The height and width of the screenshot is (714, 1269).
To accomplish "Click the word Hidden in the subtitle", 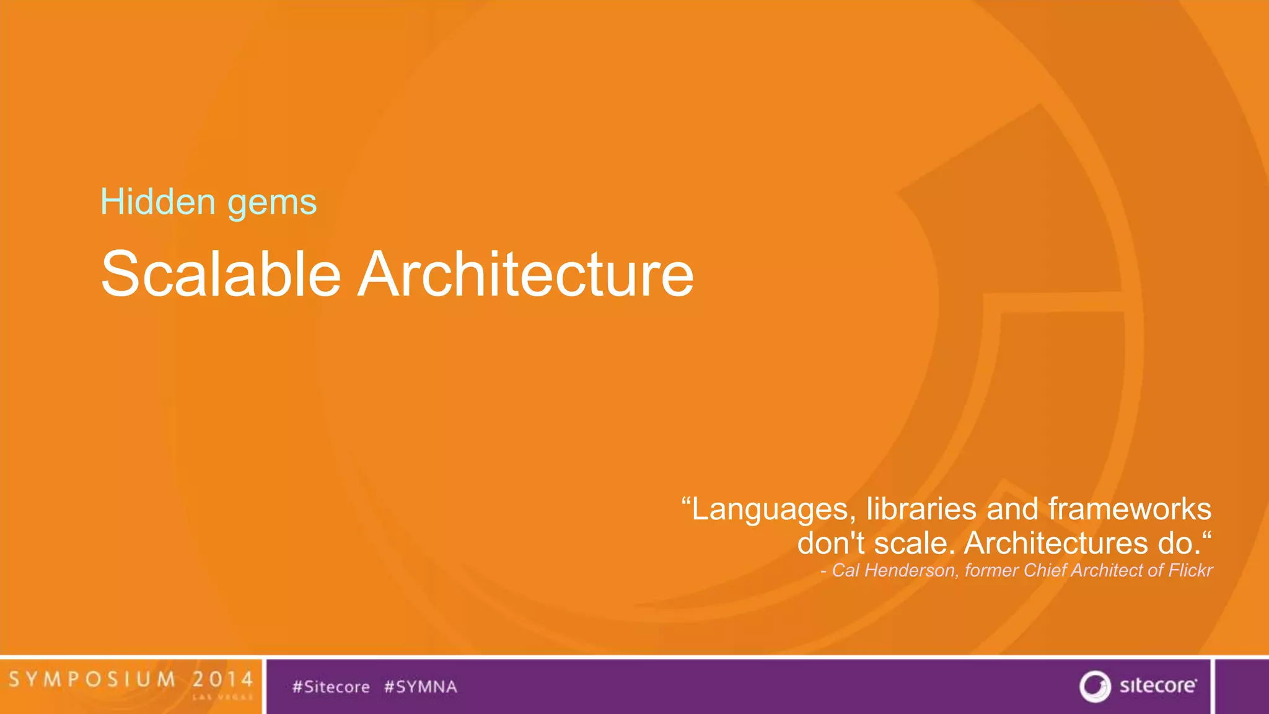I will pos(158,202).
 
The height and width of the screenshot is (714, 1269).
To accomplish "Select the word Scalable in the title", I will pos(221,273).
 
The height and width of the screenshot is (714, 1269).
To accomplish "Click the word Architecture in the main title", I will pos(526,273).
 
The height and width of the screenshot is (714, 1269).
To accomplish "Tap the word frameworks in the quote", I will pos(1130,509).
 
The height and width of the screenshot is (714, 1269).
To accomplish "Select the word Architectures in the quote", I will pos(1056,543).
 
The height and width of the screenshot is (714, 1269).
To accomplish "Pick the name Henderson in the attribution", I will pos(911,570).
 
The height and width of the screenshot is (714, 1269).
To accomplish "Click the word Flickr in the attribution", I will pos(1190,570).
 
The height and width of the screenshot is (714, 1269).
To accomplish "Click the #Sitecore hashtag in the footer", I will pos(331,687).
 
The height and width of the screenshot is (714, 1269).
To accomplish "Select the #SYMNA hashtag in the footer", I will pos(421,687).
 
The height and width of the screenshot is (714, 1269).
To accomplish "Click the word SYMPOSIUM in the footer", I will pos(92,679).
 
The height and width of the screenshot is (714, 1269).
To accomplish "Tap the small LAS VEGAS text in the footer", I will pos(222,697).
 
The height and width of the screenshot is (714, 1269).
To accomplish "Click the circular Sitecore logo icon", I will pos(1095,686).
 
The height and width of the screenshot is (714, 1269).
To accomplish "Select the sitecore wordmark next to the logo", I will pos(1157,685).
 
